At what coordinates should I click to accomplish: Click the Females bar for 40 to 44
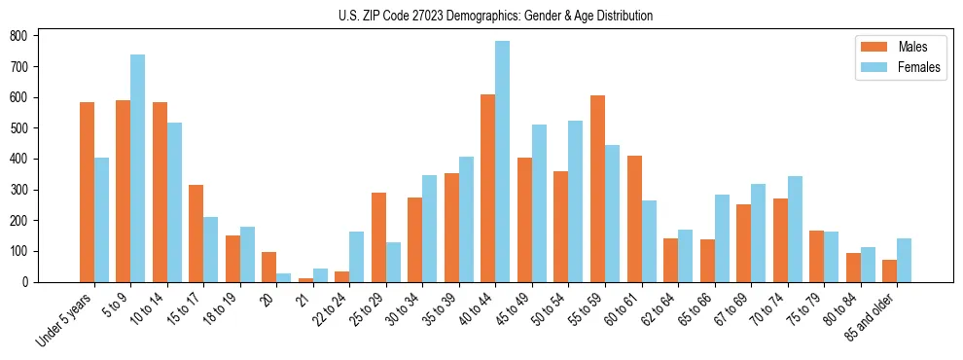(502, 162)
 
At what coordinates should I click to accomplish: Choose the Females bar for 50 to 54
(575, 201)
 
